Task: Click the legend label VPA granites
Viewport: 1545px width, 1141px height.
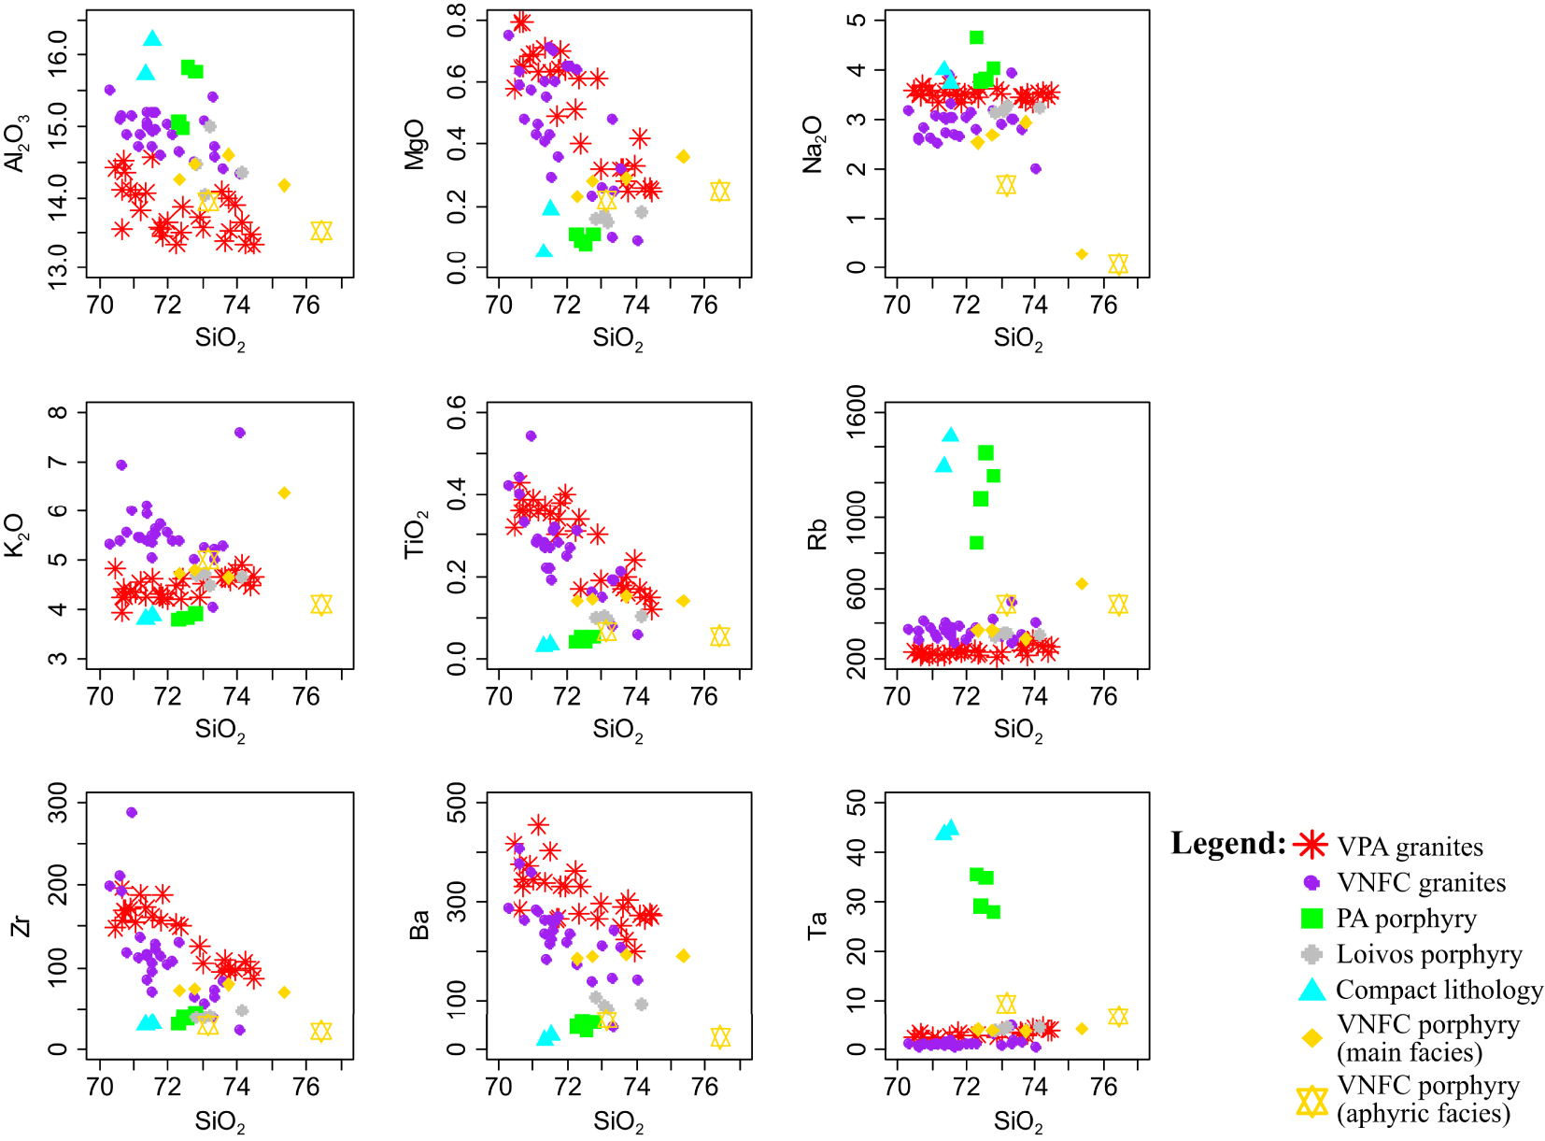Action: click(x=1410, y=847)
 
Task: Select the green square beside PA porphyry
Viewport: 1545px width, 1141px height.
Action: click(x=1312, y=919)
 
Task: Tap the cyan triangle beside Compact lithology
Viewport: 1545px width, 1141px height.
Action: click(x=1312, y=990)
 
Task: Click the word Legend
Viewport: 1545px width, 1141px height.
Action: click(x=1228, y=844)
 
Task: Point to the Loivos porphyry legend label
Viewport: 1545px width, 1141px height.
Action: click(x=1429, y=954)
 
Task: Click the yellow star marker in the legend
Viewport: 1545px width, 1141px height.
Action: click(x=1312, y=1101)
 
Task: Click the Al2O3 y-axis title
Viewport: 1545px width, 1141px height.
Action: click(x=18, y=143)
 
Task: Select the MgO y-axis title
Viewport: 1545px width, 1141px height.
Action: click(x=415, y=144)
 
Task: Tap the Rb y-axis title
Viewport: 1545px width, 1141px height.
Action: click(x=817, y=535)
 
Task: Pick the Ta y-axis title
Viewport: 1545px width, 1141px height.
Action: click(x=817, y=925)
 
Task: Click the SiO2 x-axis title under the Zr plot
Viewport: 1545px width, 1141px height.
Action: click(x=220, y=1121)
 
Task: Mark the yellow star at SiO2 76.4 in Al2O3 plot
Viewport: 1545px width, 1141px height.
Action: click(x=321, y=231)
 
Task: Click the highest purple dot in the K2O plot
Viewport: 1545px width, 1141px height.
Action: click(x=239, y=433)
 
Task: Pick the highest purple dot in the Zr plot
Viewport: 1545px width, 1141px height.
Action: click(x=132, y=812)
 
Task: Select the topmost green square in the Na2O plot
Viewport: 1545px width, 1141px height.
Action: click(x=976, y=37)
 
